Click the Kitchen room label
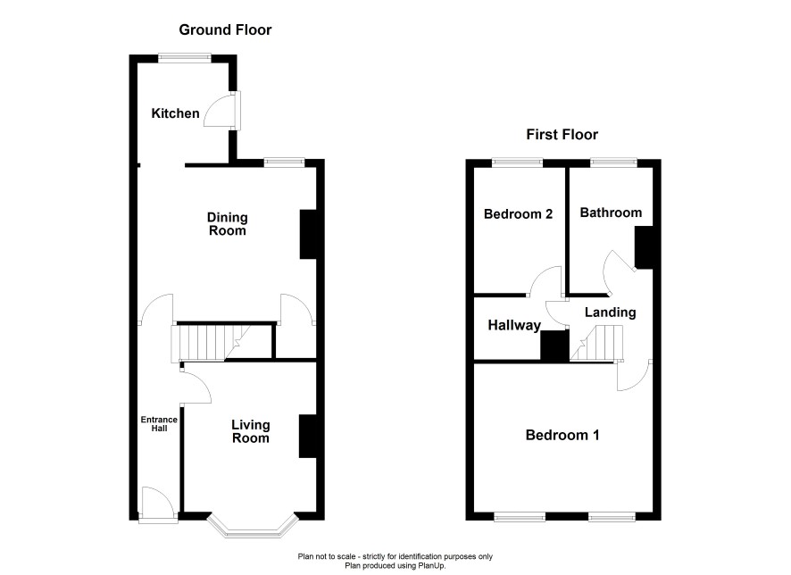[176, 113]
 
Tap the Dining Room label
[228, 224]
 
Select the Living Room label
[251, 432]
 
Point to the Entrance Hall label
[159, 424]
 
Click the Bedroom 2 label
[518, 214]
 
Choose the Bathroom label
[611, 212]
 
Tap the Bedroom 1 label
[562, 435]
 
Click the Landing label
[611, 312]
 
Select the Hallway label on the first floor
[514, 325]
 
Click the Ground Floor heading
[226, 29]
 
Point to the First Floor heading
[562, 134]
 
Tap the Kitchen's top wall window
[185, 58]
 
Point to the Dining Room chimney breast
[308, 235]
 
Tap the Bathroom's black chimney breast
[644, 247]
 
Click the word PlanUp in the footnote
[432, 566]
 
